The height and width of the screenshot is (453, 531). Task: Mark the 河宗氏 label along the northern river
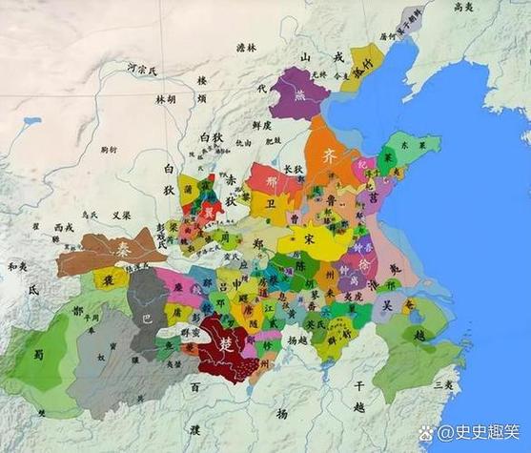[x=145, y=68]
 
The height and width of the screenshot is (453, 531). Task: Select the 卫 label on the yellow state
[x=269, y=201]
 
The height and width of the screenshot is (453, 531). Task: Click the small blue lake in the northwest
[x=32, y=122]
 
